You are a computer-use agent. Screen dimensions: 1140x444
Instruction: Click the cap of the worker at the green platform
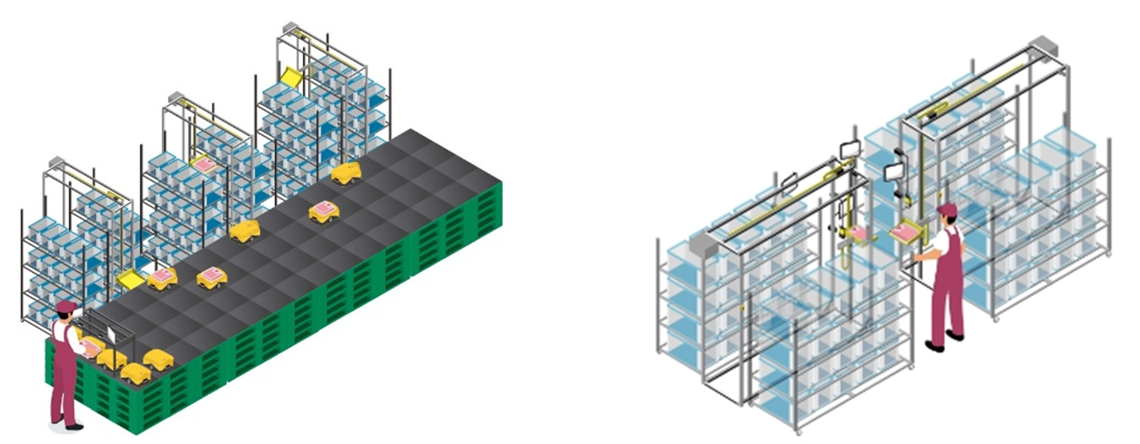[x=66, y=307]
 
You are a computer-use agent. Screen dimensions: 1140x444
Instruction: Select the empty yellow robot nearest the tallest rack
[x=346, y=173]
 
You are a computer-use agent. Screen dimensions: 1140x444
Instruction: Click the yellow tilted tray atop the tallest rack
[x=291, y=76]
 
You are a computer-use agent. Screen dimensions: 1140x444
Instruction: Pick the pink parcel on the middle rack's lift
[x=204, y=164]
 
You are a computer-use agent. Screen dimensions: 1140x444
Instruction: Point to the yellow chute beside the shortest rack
[x=130, y=278]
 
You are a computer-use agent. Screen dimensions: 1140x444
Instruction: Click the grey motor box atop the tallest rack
[x=289, y=26]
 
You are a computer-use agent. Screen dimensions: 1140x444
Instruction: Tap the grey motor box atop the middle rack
[x=175, y=96]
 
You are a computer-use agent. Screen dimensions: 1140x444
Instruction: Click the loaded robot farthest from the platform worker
[x=324, y=211]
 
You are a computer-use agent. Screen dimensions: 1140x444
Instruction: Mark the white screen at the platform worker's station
[x=110, y=333]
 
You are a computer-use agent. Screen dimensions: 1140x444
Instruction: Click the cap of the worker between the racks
[x=947, y=209]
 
